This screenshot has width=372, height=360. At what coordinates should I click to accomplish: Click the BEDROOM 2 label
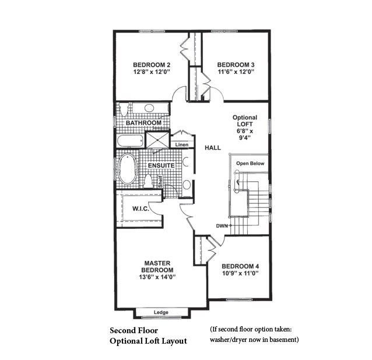[151, 65]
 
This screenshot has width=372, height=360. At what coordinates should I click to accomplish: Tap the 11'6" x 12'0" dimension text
[236, 73]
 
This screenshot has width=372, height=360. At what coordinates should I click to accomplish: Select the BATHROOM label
[143, 123]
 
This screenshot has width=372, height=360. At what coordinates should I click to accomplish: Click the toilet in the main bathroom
[122, 109]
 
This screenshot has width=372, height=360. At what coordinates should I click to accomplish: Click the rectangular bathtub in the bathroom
[128, 142]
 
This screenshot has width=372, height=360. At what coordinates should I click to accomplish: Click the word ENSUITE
[161, 165]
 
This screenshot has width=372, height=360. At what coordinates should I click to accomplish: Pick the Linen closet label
[182, 144]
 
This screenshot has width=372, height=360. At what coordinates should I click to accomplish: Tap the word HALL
[212, 148]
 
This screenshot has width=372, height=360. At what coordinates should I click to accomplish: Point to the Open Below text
[250, 164]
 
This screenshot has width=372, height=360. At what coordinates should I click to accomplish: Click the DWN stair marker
[220, 225]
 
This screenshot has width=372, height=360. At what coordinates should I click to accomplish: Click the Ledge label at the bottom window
[161, 313]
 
